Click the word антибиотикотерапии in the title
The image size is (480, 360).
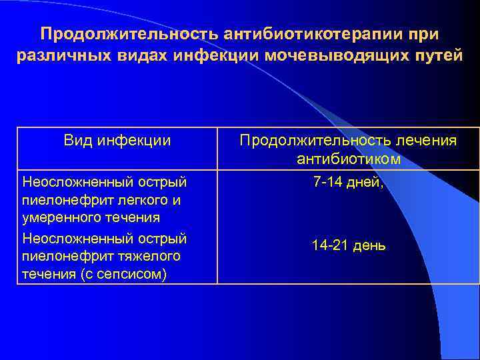316,33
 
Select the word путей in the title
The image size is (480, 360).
436,55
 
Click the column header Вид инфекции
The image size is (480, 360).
117,141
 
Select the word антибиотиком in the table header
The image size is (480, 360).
349,159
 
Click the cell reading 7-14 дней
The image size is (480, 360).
349,181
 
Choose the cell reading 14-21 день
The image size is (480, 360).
349,245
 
